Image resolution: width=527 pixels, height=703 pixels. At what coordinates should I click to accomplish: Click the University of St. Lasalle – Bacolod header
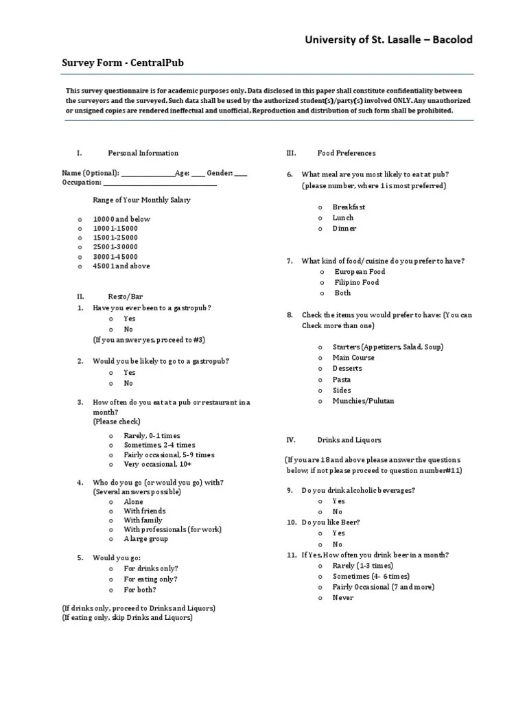pyautogui.click(x=388, y=40)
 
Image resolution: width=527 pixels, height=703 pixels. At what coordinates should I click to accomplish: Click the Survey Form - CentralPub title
pyautogui.click(x=123, y=63)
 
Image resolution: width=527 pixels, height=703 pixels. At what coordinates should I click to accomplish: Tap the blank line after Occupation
pyautogui.click(x=160, y=183)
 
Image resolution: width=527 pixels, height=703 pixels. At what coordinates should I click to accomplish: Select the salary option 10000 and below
pyautogui.click(x=121, y=219)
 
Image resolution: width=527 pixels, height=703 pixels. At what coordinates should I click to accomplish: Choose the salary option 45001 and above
pyautogui.click(x=121, y=266)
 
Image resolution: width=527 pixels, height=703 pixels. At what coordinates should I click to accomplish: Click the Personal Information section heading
pyautogui.click(x=143, y=153)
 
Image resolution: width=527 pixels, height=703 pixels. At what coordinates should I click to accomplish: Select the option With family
pyautogui.click(x=143, y=520)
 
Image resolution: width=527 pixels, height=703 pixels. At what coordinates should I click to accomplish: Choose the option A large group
pyautogui.click(x=145, y=539)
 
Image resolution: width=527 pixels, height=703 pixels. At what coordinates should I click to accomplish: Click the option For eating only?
pyautogui.click(x=150, y=579)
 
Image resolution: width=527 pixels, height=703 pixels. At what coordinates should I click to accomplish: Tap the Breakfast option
pyautogui.click(x=349, y=207)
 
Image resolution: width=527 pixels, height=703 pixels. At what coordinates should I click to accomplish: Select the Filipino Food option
pyautogui.click(x=355, y=282)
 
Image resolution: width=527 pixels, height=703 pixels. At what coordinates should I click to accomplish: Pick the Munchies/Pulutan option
pyautogui.click(x=363, y=401)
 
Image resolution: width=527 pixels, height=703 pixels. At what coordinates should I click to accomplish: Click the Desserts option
pyautogui.click(x=347, y=369)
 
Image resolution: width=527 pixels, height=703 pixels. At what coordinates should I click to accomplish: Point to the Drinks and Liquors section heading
pyautogui.click(x=349, y=439)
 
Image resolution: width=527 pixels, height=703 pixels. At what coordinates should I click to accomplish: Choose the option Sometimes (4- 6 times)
pyautogui.click(x=371, y=576)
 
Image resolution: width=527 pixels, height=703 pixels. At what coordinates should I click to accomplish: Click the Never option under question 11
pyautogui.click(x=342, y=598)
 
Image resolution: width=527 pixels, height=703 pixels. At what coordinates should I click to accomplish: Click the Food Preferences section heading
pyautogui.click(x=346, y=153)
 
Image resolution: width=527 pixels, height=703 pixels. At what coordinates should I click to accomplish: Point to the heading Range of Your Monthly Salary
pyautogui.click(x=141, y=200)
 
